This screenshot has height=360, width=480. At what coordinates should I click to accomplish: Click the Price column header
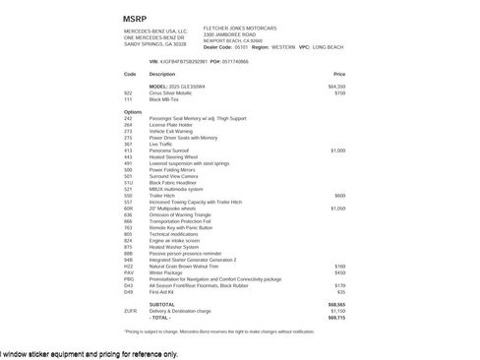tap(339, 74)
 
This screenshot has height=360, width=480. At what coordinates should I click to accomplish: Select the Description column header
tap(162, 74)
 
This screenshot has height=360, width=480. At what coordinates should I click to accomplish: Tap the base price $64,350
tap(336, 87)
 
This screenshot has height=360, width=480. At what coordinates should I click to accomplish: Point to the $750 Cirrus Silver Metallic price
tap(340, 92)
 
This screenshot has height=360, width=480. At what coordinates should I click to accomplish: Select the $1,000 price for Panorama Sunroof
tap(337, 150)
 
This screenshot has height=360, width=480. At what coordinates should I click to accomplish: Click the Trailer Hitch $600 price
tap(340, 195)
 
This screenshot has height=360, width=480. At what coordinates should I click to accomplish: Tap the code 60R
tap(129, 209)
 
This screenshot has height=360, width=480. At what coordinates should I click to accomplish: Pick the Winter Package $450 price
tap(340, 271)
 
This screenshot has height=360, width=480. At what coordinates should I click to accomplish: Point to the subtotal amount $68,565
tap(336, 305)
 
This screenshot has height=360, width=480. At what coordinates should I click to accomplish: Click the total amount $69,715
tap(336, 318)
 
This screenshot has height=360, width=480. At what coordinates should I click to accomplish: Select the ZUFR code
tap(131, 311)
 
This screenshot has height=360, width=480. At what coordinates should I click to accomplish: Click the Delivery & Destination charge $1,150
tap(337, 311)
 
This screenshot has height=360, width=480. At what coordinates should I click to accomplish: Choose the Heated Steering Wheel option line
tap(175, 156)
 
